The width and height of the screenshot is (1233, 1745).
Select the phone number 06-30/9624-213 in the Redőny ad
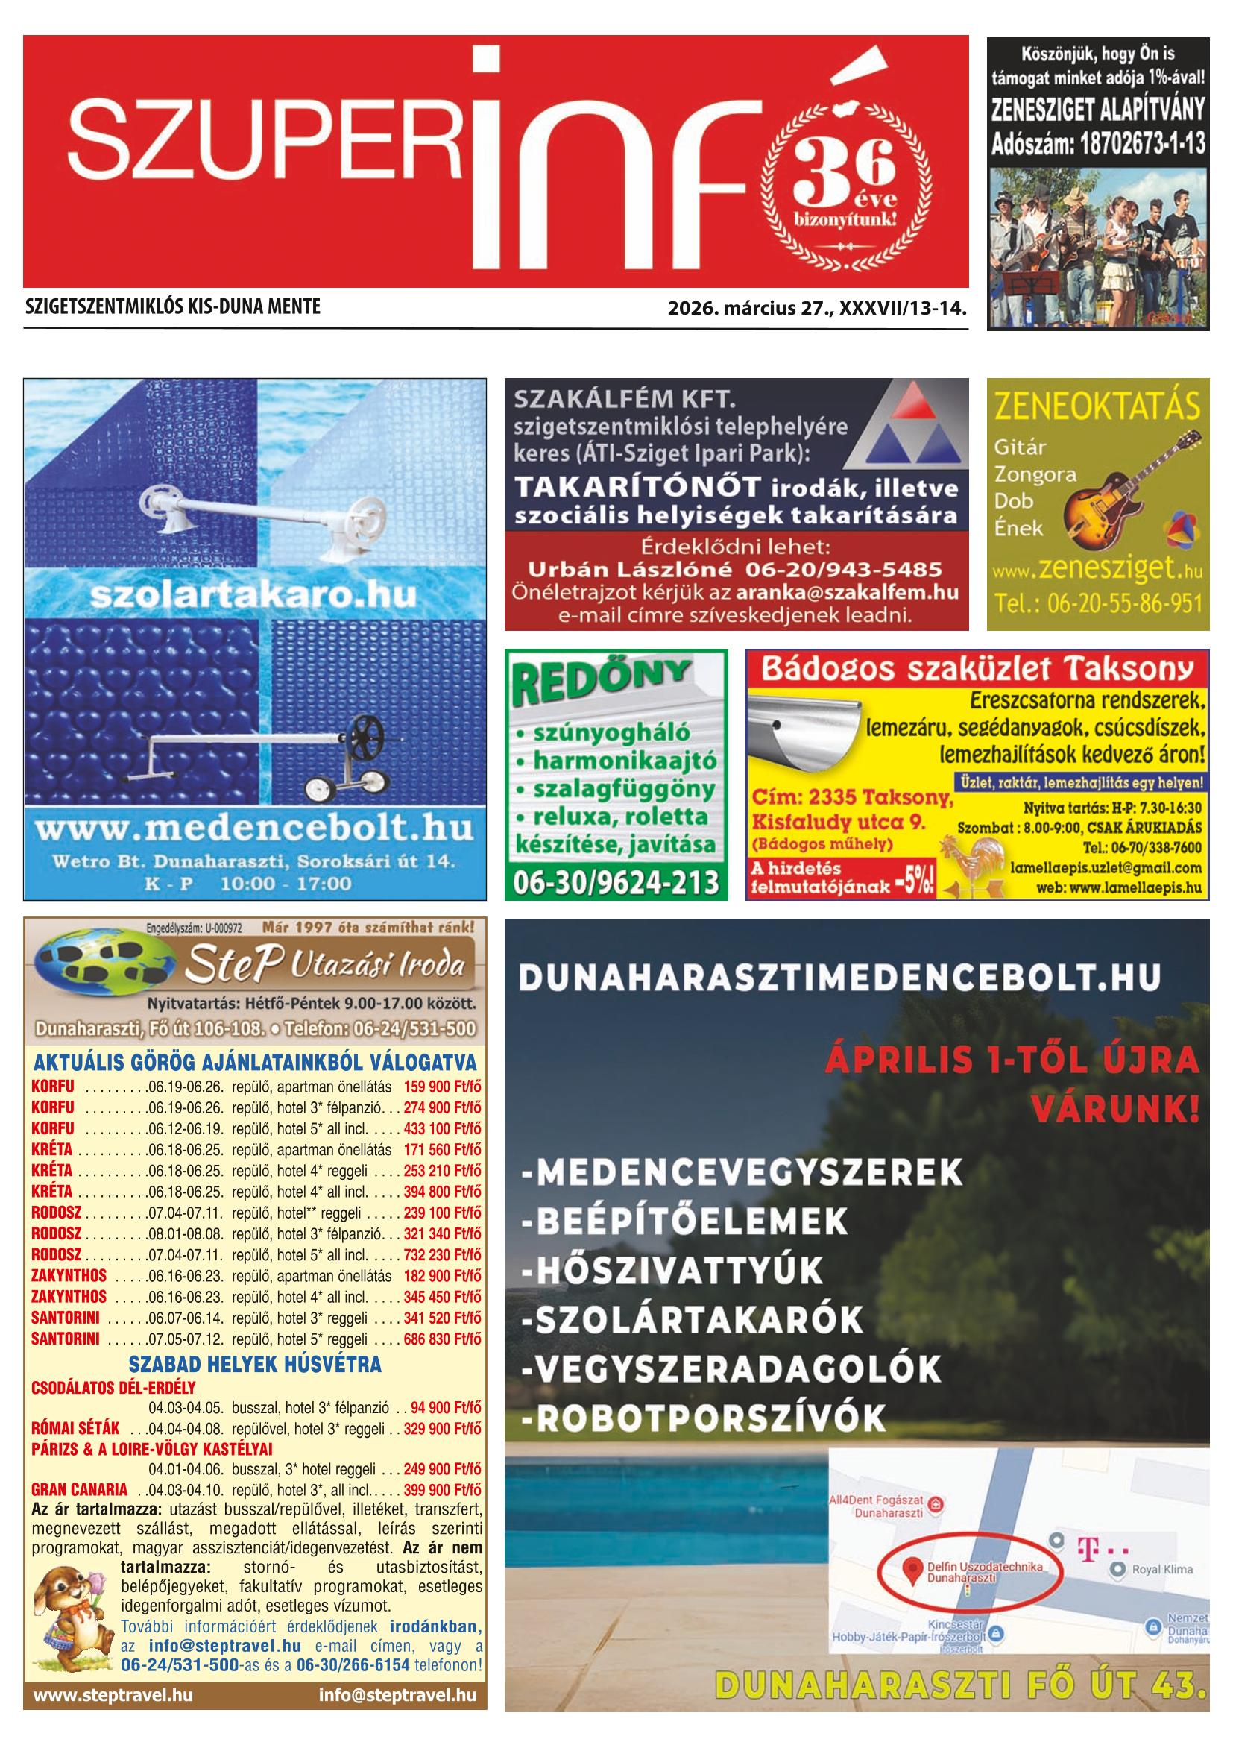[615, 881]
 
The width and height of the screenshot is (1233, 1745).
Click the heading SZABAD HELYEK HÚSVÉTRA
[254, 1364]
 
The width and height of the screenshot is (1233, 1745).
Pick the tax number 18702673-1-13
[1098, 144]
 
